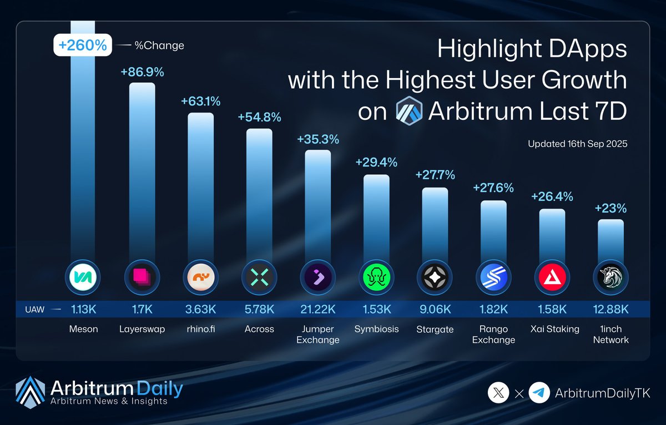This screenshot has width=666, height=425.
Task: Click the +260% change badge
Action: tap(83, 45)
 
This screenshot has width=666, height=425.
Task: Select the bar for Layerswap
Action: tap(142, 166)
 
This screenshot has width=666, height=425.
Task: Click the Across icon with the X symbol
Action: tap(259, 276)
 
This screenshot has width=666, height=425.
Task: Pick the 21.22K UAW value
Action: tap(317, 309)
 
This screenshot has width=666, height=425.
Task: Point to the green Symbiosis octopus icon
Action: tap(376, 276)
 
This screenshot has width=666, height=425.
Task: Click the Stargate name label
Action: tap(435, 329)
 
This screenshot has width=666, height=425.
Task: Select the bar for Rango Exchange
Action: tap(493, 227)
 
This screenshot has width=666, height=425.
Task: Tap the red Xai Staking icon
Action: tap(552, 276)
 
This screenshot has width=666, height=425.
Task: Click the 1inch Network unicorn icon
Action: tap(610, 276)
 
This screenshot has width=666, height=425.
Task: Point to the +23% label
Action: tap(610, 209)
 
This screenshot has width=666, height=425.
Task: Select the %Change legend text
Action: tap(159, 45)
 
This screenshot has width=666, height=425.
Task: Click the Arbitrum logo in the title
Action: tap(409, 112)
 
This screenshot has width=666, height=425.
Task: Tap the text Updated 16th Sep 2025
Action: tap(577, 144)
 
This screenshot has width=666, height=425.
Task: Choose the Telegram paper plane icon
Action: tap(539, 393)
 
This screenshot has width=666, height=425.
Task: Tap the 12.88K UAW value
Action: tap(610, 309)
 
